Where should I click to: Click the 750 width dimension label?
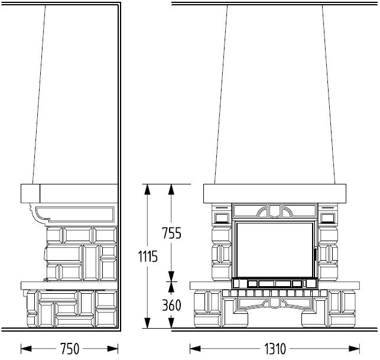70,349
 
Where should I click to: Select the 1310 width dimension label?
275,349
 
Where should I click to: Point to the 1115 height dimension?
148,256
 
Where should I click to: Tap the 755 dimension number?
171,233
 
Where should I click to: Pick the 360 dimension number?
171,305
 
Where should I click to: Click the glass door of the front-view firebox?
275,250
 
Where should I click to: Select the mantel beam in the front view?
275,193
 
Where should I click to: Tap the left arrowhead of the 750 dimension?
26,349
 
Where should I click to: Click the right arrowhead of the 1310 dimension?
354,349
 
